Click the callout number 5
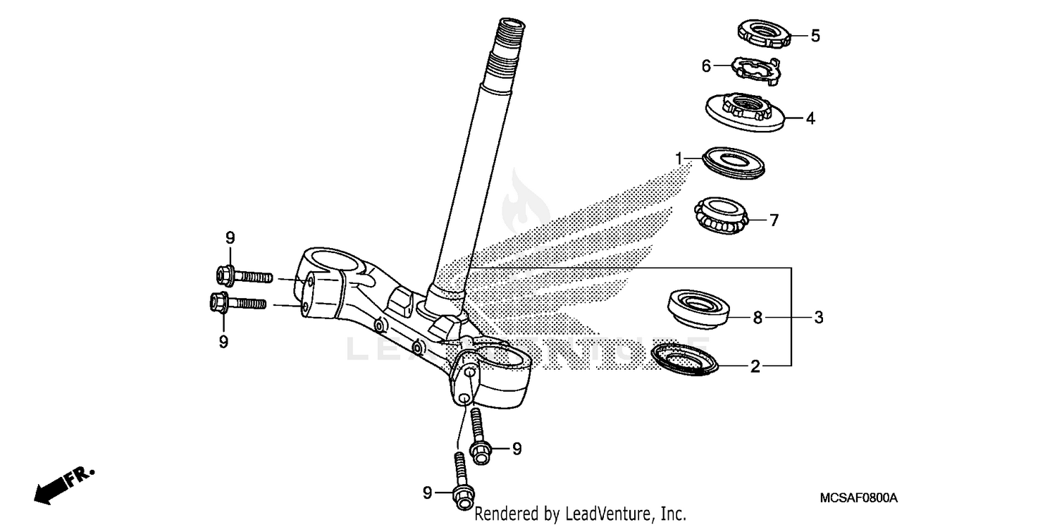815,36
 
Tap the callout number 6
706,66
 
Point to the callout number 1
679,159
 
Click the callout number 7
774,221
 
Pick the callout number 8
758,317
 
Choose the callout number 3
819,317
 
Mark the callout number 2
755,366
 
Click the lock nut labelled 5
763,32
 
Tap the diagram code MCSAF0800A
858,498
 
